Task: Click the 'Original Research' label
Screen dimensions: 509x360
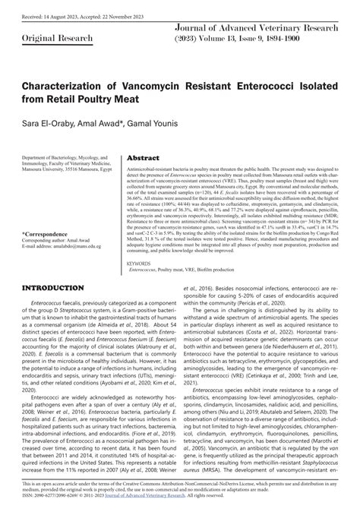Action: (45, 37)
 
